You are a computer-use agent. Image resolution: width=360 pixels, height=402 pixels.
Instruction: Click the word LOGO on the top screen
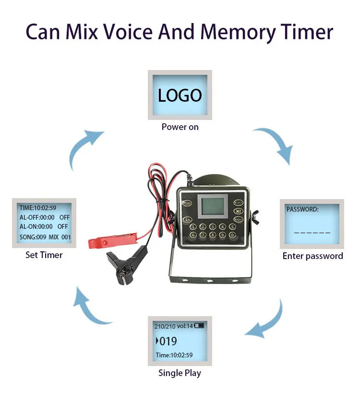[x=180, y=95]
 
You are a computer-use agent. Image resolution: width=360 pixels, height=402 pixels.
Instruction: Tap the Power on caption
[x=180, y=127]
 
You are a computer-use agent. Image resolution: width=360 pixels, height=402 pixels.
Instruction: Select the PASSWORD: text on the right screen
[x=302, y=209]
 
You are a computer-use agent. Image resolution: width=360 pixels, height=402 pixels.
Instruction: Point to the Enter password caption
[x=312, y=256]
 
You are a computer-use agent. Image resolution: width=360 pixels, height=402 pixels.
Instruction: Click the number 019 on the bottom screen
[x=168, y=341]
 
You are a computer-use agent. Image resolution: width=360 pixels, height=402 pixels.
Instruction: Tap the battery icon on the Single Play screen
[x=199, y=326]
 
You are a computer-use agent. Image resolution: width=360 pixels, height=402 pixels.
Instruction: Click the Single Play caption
[x=180, y=373]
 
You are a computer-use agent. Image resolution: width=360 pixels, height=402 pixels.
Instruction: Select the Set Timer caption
[x=44, y=255]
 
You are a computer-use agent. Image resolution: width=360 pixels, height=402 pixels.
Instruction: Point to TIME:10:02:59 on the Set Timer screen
[x=38, y=208]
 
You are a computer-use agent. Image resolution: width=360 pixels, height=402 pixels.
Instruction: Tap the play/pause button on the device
[x=239, y=211]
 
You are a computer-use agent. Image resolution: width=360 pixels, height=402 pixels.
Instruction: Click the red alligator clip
[x=112, y=240]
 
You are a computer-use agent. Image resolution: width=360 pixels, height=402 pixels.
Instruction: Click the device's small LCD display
[x=213, y=207]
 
